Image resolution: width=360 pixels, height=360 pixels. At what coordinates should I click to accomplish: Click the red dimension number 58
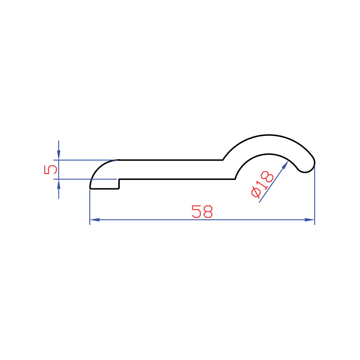[202, 211]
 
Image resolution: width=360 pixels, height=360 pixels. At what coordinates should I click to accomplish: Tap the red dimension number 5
[50, 170]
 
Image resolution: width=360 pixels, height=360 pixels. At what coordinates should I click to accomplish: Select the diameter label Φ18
[262, 184]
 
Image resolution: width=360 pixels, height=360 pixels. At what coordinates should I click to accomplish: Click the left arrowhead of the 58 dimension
[95, 220]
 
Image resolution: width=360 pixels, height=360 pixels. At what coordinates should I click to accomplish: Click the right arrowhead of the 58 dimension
[310, 220]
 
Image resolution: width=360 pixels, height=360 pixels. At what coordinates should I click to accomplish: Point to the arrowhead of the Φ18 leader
[285, 165]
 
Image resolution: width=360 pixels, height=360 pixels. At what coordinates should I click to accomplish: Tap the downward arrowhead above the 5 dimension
[59, 155]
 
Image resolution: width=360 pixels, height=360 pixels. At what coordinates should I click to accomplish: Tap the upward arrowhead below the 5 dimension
[59, 184]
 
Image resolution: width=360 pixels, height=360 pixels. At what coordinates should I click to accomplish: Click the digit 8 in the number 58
[208, 211]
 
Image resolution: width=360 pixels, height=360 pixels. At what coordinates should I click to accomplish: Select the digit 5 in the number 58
[197, 211]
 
